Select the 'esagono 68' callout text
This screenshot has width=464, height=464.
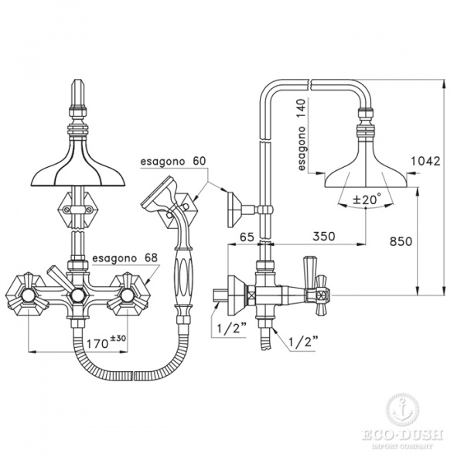point(124,258)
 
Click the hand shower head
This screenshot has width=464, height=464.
point(161,196)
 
